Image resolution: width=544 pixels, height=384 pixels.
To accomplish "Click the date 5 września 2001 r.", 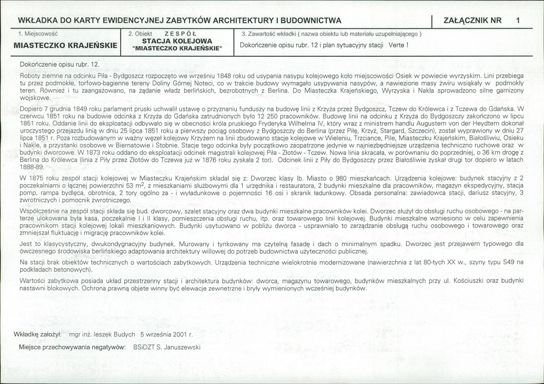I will (167, 334).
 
